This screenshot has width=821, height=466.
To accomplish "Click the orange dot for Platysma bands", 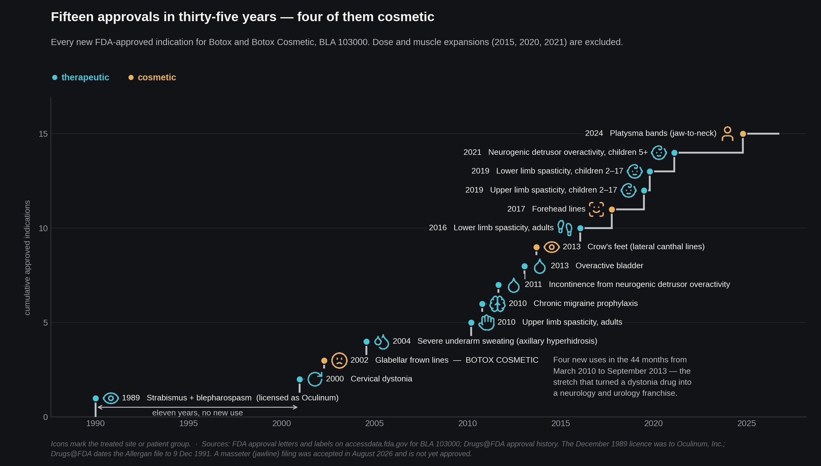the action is [743, 134].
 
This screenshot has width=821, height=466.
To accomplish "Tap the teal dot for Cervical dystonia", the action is [300, 379].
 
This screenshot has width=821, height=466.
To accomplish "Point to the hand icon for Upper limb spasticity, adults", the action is [486, 323].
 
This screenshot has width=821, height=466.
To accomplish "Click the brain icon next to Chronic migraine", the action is [498, 304].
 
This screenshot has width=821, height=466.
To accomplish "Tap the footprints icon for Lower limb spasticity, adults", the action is [565, 228].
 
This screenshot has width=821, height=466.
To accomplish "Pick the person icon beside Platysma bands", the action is [727, 134].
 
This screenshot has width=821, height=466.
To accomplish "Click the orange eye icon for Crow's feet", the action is [551, 247].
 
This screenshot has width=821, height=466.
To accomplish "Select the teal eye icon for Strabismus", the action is [111, 398].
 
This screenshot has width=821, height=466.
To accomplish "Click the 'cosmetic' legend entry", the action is [152, 78].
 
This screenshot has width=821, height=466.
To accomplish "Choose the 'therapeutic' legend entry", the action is [81, 78].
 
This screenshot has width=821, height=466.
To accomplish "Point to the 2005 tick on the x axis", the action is [374, 423].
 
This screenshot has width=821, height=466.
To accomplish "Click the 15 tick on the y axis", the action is [43, 134].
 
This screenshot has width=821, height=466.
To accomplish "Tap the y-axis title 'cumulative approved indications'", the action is [27, 258].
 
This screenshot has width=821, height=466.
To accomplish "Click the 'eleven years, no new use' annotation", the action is [198, 413].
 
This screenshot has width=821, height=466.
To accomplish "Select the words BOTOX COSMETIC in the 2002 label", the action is [502, 360].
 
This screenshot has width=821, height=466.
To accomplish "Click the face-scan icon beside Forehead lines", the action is [596, 209].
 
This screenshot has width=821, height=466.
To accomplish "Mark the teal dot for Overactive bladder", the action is [524, 266].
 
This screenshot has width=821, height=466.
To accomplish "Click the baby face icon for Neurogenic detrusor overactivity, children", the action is [659, 153].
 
